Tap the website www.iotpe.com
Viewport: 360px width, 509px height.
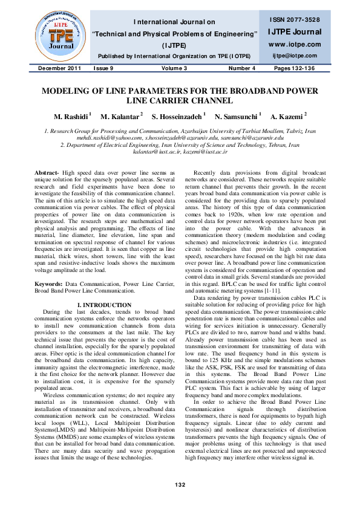[x=296, y=45]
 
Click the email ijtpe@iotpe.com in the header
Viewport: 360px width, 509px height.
[x=296, y=56]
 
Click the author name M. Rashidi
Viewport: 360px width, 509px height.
[x=71, y=115]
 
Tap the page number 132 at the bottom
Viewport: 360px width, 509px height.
[x=180, y=484]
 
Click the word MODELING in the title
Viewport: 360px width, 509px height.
[x=68, y=91]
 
